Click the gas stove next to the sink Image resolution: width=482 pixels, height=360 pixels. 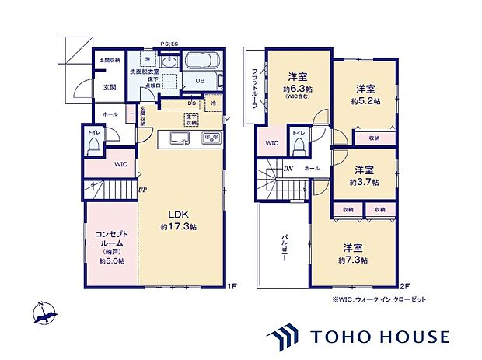212,139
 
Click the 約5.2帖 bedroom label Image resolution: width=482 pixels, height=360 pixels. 365,94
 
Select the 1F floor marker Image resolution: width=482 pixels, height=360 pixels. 231,286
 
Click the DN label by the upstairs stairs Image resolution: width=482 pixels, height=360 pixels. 288,169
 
